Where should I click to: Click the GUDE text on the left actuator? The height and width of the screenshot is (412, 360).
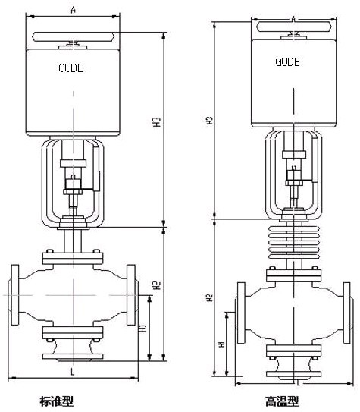tap(70, 68)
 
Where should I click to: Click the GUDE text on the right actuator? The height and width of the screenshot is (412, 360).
tap(287, 62)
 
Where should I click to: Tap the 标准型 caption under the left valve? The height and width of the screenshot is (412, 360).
tap(56, 401)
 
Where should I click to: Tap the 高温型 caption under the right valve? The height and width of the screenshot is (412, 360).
tap(281, 401)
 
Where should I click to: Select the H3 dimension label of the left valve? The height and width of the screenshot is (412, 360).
tap(157, 121)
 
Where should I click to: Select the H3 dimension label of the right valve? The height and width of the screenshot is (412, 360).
tap(209, 120)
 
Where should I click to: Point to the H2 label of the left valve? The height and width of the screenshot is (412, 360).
tap(157, 285)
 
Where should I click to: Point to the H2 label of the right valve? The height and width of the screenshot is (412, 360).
tap(209, 297)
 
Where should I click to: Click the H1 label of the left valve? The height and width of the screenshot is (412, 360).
tap(143, 328)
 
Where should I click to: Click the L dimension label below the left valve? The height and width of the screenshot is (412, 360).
tap(73, 372)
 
